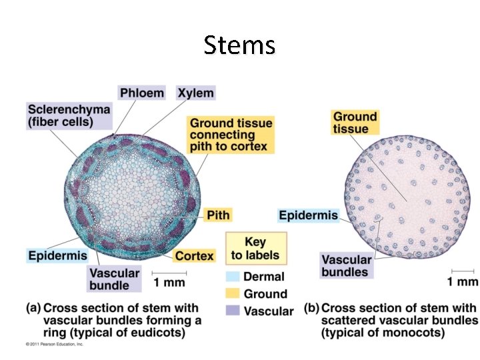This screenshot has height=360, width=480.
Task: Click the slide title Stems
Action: [239, 45]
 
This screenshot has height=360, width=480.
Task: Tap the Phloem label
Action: [141, 93]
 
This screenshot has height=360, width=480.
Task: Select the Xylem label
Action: [195, 93]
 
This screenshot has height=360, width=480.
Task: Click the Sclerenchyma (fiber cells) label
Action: [69, 115]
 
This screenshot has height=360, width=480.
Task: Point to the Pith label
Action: [218, 215]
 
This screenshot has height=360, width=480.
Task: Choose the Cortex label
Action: [194, 256]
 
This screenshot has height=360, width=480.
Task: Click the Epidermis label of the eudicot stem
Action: [57, 255]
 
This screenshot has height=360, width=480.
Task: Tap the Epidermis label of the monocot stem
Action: [308, 215]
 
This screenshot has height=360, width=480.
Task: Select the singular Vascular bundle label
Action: [114, 279]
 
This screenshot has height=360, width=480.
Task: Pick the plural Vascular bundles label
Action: [345, 265]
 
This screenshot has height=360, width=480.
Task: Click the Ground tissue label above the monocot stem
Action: [355, 122]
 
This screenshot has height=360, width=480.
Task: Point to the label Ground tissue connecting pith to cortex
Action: [231, 134]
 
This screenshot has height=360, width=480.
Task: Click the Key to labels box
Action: [255, 248]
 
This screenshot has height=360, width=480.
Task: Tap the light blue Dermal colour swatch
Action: [233, 277]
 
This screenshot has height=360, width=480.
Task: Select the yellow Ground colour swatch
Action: [233, 293]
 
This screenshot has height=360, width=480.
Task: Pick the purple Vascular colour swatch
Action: [233, 311]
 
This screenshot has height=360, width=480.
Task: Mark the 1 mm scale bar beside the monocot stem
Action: [462, 271]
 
